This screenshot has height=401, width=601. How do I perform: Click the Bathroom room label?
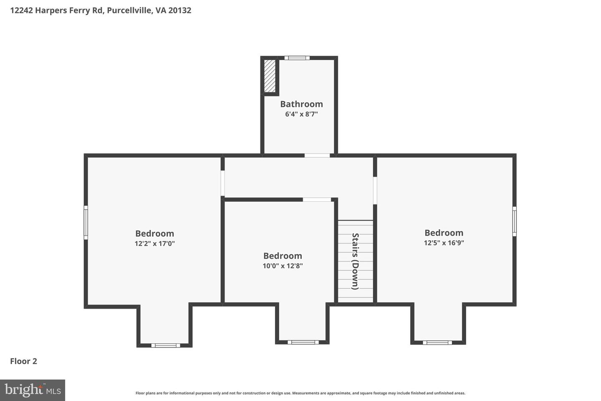click(x=301, y=104)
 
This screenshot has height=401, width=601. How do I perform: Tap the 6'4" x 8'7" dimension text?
click(x=301, y=114)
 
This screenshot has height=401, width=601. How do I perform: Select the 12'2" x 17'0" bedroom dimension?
click(x=154, y=244)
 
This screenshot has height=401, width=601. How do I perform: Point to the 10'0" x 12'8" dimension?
click(x=283, y=266)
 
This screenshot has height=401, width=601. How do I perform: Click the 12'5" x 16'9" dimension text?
click(x=444, y=243)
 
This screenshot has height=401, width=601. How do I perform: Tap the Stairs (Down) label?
click(x=355, y=261)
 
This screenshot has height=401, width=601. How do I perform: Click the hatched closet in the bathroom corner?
click(x=270, y=76)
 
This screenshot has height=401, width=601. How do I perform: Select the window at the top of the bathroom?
click(x=297, y=58)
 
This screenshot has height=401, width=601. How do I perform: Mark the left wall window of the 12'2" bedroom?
click(x=86, y=222)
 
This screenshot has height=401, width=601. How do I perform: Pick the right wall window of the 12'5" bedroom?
click(x=515, y=221)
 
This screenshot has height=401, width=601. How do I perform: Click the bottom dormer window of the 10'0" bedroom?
click(x=303, y=343)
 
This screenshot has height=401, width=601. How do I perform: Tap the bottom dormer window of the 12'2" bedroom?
click(x=166, y=345)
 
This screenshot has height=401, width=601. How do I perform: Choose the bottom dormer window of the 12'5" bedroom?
click(x=437, y=343)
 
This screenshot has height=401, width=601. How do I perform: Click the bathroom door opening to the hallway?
click(x=317, y=155)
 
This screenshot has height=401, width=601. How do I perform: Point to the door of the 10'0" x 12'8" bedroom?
click(x=317, y=200)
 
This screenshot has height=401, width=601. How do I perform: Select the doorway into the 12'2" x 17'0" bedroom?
click(x=223, y=183)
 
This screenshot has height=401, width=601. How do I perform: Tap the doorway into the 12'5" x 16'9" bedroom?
click(x=375, y=190)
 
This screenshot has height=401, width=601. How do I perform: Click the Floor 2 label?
click(x=24, y=361)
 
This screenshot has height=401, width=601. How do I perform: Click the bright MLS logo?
click(x=33, y=390)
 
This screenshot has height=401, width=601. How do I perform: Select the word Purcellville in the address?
click(x=129, y=10)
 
